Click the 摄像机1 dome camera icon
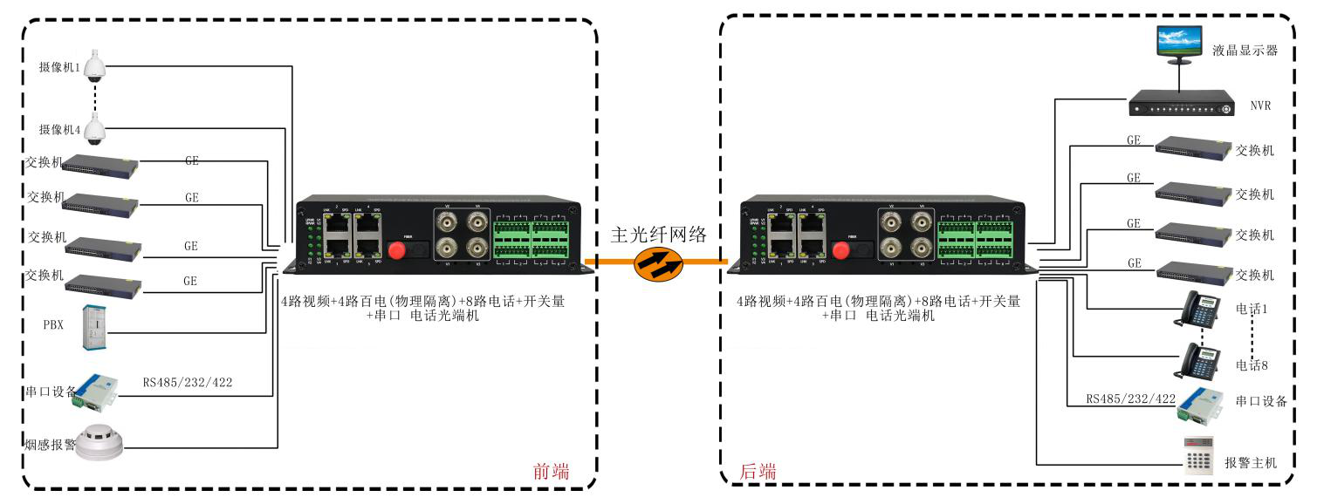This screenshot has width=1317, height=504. click(x=94, y=66)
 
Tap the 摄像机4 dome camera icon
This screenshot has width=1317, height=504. click(x=94, y=130)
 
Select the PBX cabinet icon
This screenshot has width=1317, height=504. click(x=95, y=327)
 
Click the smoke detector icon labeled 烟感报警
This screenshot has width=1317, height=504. click(x=99, y=442)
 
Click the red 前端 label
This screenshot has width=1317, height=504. click(x=551, y=472)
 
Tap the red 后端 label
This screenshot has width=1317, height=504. click(x=758, y=472)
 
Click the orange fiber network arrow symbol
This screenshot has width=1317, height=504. click(x=658, y=263)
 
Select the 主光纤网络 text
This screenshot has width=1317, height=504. click(x=658, y=234)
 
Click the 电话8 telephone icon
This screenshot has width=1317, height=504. click(x=1200, y=359)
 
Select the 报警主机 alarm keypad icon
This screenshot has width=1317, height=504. click(x=1198, y=453)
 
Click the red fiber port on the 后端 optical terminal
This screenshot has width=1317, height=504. click(x=841, y=250)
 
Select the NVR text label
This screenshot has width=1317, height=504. click(x=1259, y=106)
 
